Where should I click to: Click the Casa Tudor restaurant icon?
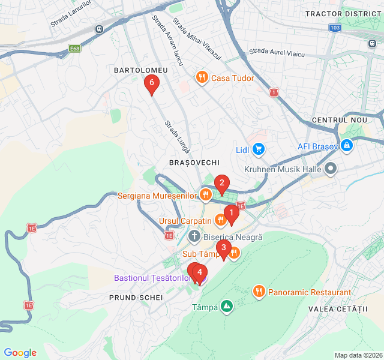click(202, 77)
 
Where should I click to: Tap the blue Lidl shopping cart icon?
click(258, 149)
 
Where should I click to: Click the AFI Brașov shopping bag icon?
click(346, 145)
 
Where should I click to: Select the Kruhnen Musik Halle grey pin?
click(331, 169)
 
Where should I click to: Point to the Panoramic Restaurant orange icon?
click(259, 292)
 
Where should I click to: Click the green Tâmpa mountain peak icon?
click(227, 307)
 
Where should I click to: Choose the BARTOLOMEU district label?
click(141, 70)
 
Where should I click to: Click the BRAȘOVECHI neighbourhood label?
click(194, 163)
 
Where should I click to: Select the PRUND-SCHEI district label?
click(136, 297)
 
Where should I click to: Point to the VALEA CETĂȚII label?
click(337, 308)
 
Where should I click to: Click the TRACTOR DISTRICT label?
click(344, 13)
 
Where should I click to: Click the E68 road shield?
click(74, 49)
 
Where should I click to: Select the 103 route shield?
click(335, 28)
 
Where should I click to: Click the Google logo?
click(20, 353)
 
